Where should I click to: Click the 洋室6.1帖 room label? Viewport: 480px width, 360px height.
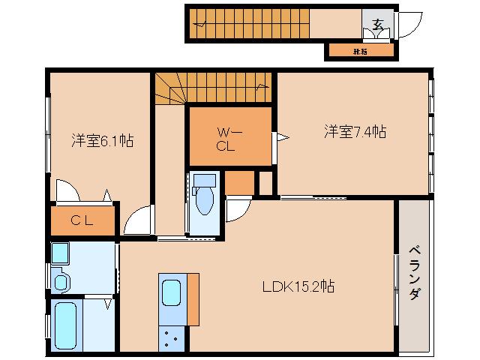(x=102, y=139)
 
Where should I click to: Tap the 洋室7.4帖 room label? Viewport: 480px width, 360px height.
(x=355, y=132)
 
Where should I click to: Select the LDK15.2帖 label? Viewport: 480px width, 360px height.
(x=298, y=286)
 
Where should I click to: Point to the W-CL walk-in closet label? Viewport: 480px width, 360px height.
(x=226, y=139)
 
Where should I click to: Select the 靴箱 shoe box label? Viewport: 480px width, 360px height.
(x=359, y=52)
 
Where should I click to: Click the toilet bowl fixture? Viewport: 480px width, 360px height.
(x=203, y=199)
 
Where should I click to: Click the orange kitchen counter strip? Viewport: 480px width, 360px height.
(x=193, y=300)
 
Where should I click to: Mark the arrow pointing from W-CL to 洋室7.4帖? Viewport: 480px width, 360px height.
(x=282, y=137)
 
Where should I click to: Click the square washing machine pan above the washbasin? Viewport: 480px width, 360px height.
(x=60, y=254)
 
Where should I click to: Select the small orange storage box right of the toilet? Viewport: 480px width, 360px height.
(x=240, y=182)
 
